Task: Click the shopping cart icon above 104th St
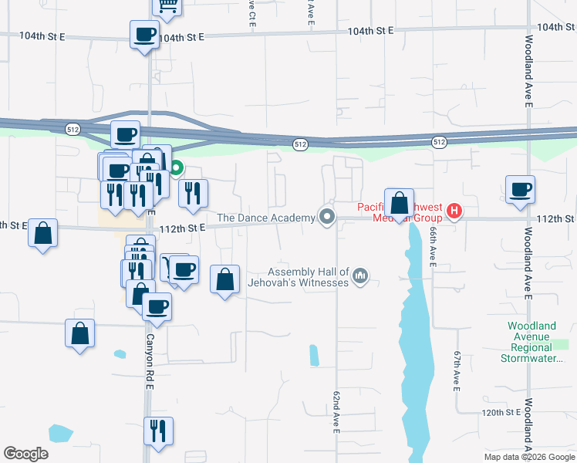pos(166,6)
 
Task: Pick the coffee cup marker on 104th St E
pos(144,34)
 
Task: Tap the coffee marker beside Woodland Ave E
pos(521,189)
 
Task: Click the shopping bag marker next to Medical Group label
pos(399,204)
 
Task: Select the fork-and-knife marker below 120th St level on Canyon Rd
pos(158,431)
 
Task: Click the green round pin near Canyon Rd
pos(176,167)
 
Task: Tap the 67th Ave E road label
pos(457,370)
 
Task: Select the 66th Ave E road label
pos(434,248)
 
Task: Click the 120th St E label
pos(500,413)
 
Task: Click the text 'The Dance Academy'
pos(266,218)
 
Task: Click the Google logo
pos(25,453)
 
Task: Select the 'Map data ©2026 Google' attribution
pos(528,457)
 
